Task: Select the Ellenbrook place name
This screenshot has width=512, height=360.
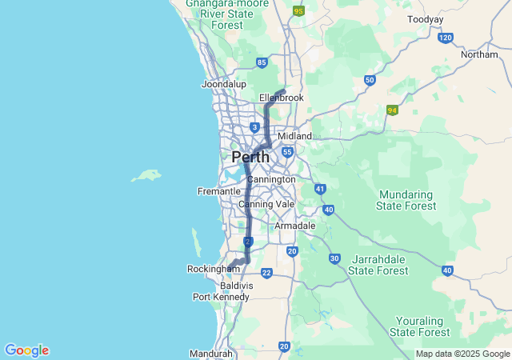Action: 282,98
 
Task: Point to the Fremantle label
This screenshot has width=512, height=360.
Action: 219,191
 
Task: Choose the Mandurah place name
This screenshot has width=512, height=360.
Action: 211,354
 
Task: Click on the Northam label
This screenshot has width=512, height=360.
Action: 479,54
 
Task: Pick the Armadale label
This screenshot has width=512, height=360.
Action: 294,226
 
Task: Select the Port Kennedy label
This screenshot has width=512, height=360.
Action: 214,297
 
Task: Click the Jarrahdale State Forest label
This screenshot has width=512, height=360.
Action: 378,265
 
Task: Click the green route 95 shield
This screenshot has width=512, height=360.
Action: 298,11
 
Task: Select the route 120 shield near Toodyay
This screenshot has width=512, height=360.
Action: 446,38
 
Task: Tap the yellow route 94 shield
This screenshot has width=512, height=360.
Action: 392,110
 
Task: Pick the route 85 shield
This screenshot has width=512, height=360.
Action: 262,62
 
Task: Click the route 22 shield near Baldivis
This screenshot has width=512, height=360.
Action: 266,273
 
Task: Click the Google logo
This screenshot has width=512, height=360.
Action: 26,350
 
